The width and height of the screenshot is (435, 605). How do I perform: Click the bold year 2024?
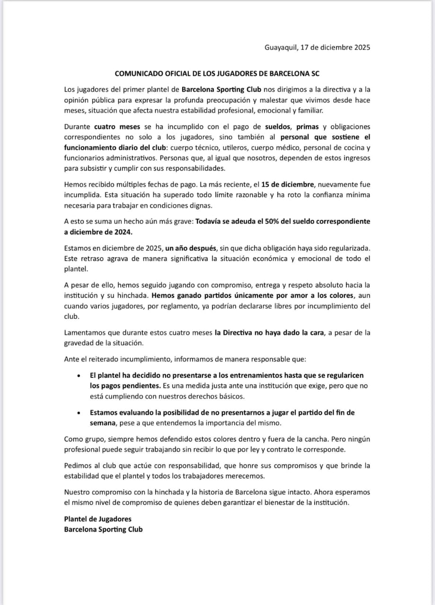point(121,232)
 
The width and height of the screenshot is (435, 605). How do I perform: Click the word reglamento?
point(188,306)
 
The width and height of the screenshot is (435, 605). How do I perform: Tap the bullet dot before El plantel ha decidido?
point(78,375)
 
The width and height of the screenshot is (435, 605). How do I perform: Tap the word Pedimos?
point(77,466)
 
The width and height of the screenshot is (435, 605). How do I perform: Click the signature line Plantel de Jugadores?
point(98,519)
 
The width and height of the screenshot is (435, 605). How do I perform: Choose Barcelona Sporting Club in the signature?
point(103,529)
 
